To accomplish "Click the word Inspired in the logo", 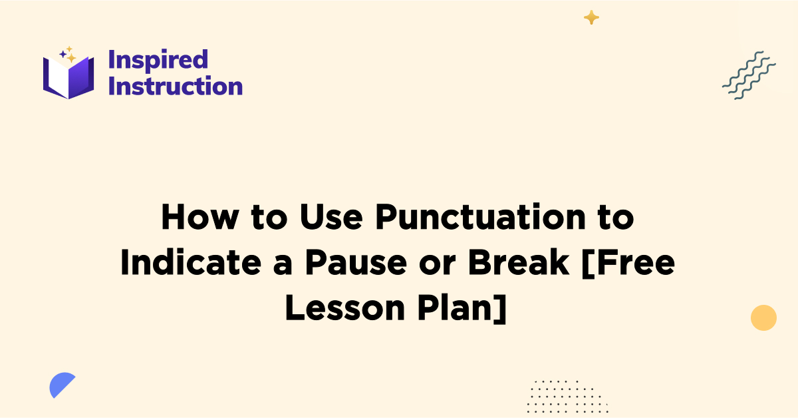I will pyautogui.click(x=158, y=60).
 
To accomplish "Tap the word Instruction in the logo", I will pyautogui.click(x=175, y=86).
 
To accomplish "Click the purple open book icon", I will pyautogui.click(x=68, y=77).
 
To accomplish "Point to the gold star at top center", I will pyautogui.click(x=591, y=17).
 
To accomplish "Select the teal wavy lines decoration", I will pyautogui.click(x=749, y=75).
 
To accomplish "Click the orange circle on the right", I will pyautogui.click(x=763, y=317).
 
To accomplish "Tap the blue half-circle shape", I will pyautogui.click(x=61, y=385).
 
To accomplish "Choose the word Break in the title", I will pyautogui.click(x=519, y=264).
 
